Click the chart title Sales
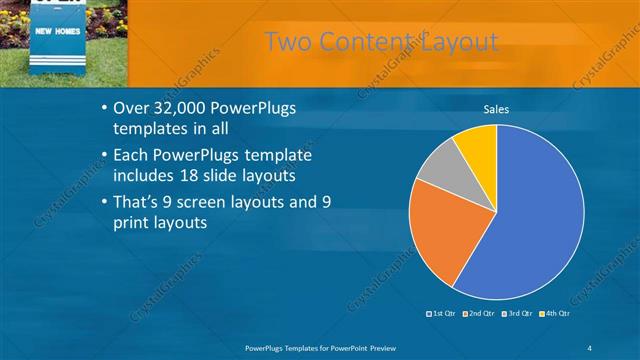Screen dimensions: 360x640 496,109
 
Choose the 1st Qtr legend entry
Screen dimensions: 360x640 444,314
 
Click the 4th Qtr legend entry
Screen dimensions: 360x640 555,314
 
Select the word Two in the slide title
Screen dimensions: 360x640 288,41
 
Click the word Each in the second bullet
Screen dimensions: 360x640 131,156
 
